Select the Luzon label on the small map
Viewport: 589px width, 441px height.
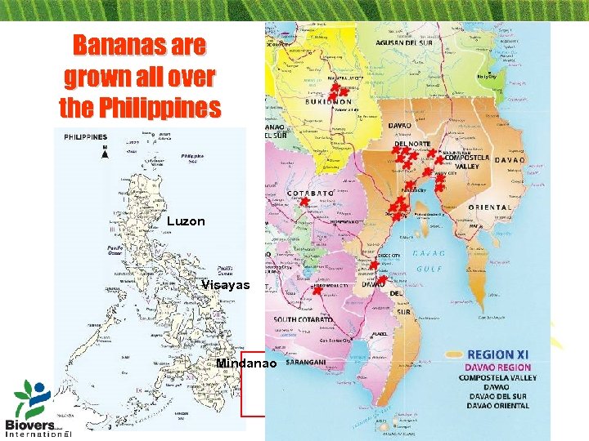[x=185, y=220]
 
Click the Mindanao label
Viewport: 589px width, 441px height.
[x=246, y=362]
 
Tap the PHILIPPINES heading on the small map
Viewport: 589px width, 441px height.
[x=86, y=137]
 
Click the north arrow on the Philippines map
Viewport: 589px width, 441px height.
[x=105, y=155]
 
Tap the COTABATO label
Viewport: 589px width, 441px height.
[x=311, y=194]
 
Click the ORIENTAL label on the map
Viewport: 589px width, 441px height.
[x=489, y=207]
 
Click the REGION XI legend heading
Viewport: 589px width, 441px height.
[x=503, y=354]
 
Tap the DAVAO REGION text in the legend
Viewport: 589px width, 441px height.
[x=504, y=367]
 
